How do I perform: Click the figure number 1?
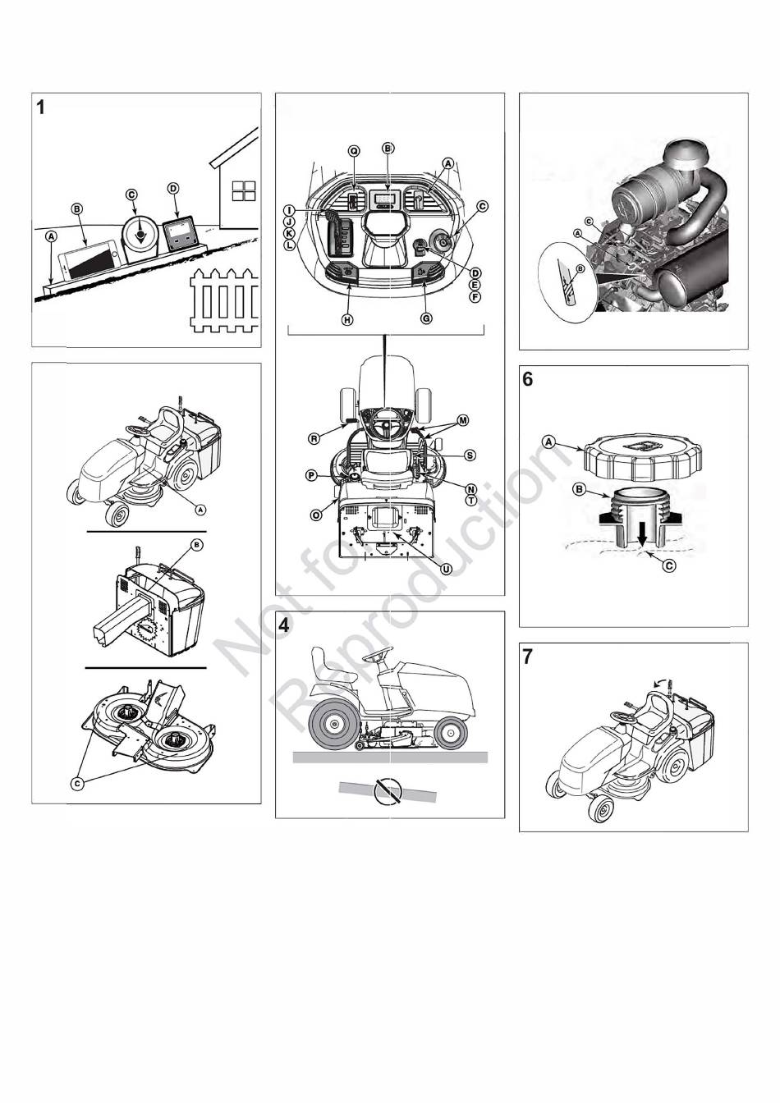(x=41, y=108)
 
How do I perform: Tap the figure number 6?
(x=528, y=379)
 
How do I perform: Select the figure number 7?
(x=528, y=657)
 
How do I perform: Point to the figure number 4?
(x=284, y=625)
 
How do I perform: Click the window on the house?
(x=245, y=190)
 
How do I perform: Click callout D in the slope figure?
(x=172, y=189)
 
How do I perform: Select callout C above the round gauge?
(x=131, y=195)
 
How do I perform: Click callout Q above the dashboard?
(x=354, y=151)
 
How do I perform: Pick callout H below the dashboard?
(x=347, y=319)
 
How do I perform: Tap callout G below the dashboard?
(x=426, y=318)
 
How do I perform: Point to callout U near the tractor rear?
(x=445, y=570)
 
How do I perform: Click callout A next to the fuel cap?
(x=548, y=442)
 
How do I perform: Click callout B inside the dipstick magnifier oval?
(x=580, y=269)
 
